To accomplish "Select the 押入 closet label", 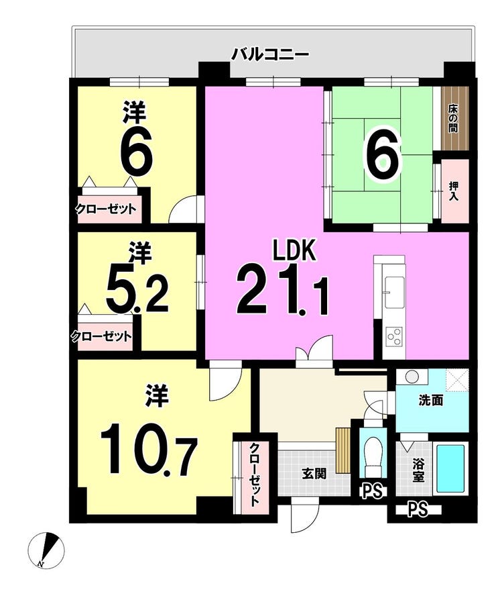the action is click(454, 191).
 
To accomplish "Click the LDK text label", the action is click(294, 250).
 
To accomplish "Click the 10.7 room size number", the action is click(149, 450).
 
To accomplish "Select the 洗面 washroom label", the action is click(431, 401).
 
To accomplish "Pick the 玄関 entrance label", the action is click(314, 474).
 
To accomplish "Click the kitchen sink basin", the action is click(394, 292).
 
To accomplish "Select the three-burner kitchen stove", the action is click(394, 336).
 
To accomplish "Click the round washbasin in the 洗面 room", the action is click(412, 377).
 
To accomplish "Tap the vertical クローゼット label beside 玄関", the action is click(255, 474).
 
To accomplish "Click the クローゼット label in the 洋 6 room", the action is click(105, 209).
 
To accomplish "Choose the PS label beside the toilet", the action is click(372, 491).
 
